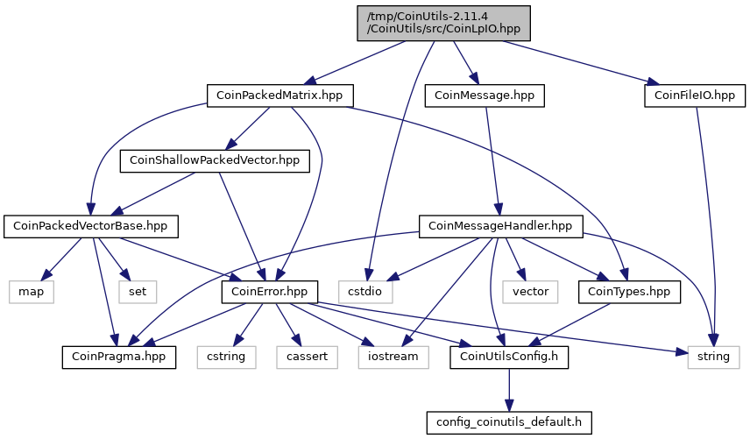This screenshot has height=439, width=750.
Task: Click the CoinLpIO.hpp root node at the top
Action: pyautogui.click(x=443, y=23)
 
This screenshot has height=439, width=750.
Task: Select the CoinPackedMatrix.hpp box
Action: pyautogui.click(x=279, y=96)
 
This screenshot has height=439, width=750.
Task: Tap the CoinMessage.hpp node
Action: pyautogui.click(x=485, y=96)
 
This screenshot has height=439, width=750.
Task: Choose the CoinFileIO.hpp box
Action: pyautogui.click(x=695, y=96)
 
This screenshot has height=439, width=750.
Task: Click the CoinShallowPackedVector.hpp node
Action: pyautogui.click(x=215, y=160)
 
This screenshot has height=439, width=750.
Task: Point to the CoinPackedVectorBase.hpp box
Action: pyautogui.click(x=91, y=226)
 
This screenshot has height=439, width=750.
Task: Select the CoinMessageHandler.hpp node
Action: pyautogui.click(x=501, y=226)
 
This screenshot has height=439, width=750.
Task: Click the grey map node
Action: pyautogui.click(x=31, y=292)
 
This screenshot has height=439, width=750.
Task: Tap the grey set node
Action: pyautogui.click(x=138, y=292)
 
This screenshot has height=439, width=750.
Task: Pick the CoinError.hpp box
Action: pyautogui.click(x=269, y=292)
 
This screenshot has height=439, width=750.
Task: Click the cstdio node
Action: pyautogui.click(x=365, y=292)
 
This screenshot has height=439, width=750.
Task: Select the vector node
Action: pyautogui.click(x=530, y=292)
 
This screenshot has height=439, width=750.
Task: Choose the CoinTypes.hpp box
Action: pyautogui.click(x=629, y=292)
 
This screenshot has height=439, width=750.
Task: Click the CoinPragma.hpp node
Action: pyautogui.click(x=118, y=357)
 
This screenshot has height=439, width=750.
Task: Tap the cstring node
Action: pyautogui.click(x=226, y=357)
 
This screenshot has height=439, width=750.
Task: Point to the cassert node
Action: pyautogui.click(x=307, y=357)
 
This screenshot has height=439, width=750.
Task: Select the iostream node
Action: pyautogui.click(x=393, y=357)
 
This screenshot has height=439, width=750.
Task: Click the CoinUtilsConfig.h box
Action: pyautogui.click(x=509, y=357)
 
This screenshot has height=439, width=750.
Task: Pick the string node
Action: pyautogui.click(x=714, y=357)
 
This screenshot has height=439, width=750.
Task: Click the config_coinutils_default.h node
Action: pyautogui.click(x=509, y=422)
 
